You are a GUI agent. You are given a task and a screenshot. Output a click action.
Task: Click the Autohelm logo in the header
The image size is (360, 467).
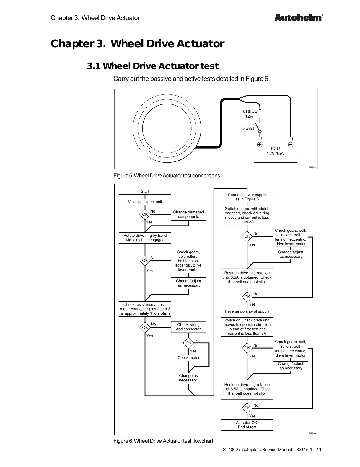298,18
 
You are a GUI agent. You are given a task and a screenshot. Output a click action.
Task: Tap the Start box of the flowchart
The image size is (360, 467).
145,192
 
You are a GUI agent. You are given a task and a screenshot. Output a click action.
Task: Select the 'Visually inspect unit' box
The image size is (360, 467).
145,202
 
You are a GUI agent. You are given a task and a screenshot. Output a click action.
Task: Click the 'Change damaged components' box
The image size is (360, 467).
188,214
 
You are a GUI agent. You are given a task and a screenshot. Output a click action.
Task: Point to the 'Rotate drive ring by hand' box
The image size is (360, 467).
145,238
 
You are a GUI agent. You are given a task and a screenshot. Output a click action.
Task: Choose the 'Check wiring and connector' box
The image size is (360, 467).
188,327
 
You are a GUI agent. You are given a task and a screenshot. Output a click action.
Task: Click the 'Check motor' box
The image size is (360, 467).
188,358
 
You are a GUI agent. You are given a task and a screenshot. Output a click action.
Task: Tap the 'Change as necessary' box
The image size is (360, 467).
188,378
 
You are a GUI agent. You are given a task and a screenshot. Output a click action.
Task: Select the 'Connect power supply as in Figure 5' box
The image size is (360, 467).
247,197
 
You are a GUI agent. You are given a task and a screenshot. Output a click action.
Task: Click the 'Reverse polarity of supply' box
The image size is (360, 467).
247,311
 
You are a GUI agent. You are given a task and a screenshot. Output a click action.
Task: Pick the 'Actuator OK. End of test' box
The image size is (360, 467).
247,425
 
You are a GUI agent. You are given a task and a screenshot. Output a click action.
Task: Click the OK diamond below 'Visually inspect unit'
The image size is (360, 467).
145,215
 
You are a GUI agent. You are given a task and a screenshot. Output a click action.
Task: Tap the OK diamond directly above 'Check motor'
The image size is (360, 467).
188,343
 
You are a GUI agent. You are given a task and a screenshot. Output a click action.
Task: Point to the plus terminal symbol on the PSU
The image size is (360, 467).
260,145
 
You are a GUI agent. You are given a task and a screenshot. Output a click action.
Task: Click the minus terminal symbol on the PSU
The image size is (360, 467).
291,145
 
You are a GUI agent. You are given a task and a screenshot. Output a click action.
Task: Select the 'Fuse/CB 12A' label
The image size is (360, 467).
249,114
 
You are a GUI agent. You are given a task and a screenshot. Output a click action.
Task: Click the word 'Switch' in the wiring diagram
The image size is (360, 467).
249,128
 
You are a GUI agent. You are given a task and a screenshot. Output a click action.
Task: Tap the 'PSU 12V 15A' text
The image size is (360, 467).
275,151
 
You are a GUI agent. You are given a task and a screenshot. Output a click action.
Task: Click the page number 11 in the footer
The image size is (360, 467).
319,450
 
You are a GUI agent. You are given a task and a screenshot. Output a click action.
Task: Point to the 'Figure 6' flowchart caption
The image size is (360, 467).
163,441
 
